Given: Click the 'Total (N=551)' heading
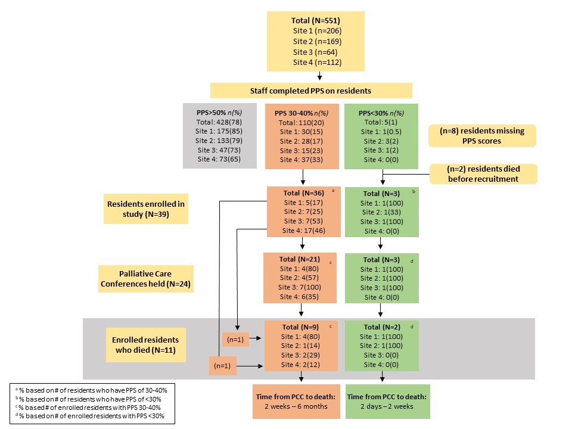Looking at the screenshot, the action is pyautogui.click(x=316, y=21).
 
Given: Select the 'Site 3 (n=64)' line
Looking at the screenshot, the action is pyautogui.click(x=315, y=52).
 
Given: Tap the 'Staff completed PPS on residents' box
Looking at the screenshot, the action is pyautogui.click(x=311, y=91).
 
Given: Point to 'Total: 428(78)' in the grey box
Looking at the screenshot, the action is pyautogui.click(x=219, y=122).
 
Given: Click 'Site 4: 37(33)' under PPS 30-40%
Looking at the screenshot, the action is pyautogui.click(x=301, y=160).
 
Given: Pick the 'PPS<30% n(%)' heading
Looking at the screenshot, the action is pyautogui.click(x=381, y=113).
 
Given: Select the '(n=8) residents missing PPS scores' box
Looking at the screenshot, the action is pyautogui.click(x=482, y=136).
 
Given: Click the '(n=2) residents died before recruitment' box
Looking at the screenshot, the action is pyautogui.click(x=483, y=173).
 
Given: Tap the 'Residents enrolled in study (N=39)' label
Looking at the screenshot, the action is pyautogui.click(x=146, y=209).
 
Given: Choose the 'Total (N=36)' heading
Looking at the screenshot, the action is pyautogui.click(x=303, y=193).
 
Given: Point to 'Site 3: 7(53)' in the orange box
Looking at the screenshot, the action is pyautogui.click(x=303, y=221).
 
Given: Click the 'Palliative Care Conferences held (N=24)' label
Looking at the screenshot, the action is pyautogui.click(x=145, y=279).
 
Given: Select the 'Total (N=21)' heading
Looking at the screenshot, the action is pyautogui.click(x=300, y=259).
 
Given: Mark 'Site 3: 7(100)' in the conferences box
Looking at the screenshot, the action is pyautogui.click(x=300, y=287).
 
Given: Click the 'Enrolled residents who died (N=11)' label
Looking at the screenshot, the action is pyautogui.click(x=145, y=345).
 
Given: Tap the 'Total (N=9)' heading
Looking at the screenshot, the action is pyautogui.click(x=300, y=327).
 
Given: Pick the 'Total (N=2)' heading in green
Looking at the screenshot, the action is pyautogui.click(x=381, y=327).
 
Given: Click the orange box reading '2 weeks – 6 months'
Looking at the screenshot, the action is pyautogui.click(x=296, y=401).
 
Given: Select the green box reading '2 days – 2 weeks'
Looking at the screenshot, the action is pyautogui.click(x=387, y=401).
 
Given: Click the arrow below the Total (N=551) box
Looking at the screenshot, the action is pyautogui.click(x=319, y=76).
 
